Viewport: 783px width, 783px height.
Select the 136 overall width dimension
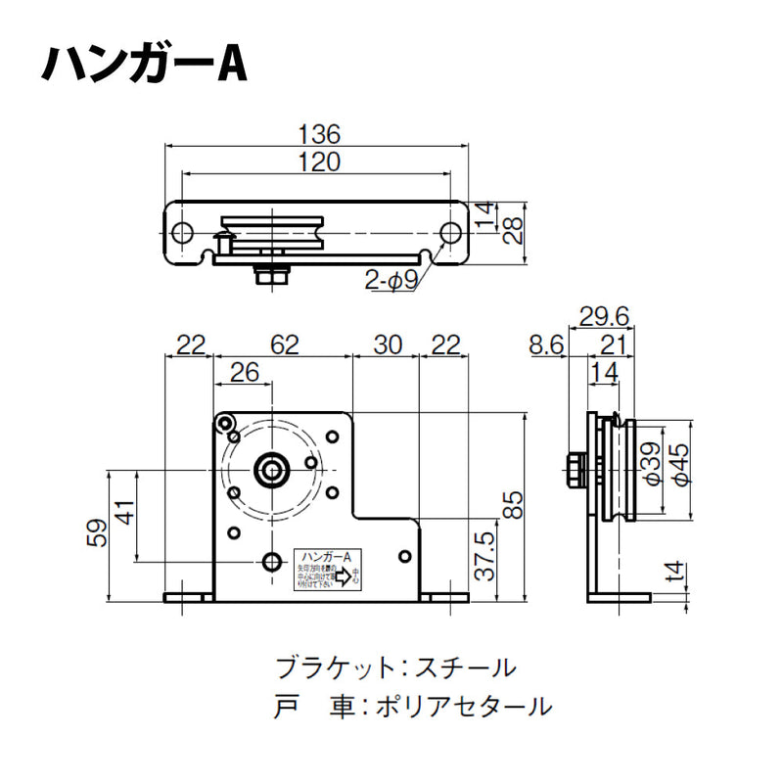pos(318,134)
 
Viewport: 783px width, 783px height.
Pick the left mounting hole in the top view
pos(182,233)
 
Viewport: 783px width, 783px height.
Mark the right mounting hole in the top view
pos(449,233)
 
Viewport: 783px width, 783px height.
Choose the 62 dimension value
pos(283,345)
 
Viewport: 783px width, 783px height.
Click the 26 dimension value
pos(245,373)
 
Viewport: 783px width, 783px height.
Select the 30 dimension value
pos(387,345)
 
